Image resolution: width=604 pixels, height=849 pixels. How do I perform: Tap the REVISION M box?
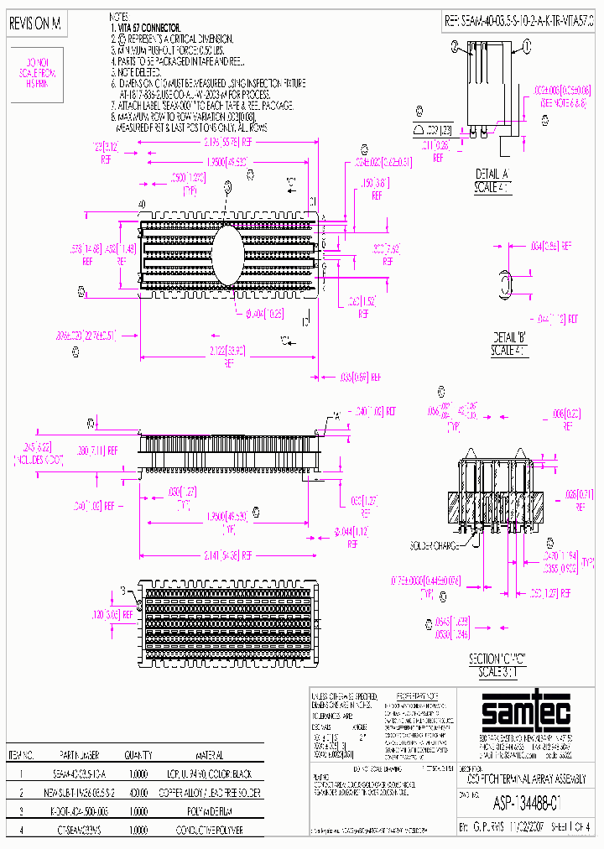point(35,25)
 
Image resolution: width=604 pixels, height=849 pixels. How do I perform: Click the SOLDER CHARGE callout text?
point(434,545)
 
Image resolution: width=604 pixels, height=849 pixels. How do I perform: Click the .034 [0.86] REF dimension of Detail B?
point(553,246)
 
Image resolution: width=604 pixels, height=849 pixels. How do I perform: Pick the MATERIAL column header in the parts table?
point(209,755)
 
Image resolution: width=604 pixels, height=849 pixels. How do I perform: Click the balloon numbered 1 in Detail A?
point(455,48)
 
